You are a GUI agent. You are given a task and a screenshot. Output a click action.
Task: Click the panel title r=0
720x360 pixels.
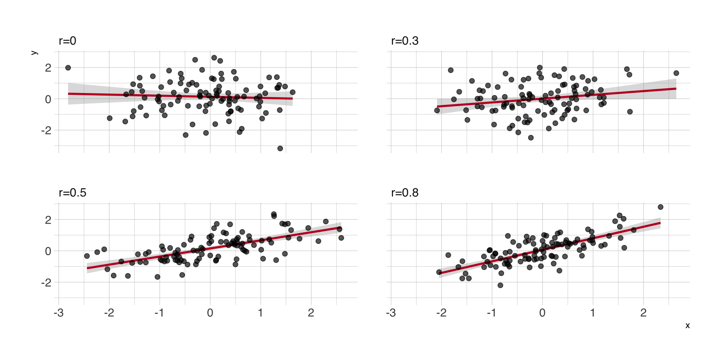point(67,40)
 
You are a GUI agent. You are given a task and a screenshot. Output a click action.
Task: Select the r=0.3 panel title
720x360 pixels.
point(405,40)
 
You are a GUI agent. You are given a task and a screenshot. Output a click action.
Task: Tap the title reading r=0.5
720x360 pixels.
point(72,192)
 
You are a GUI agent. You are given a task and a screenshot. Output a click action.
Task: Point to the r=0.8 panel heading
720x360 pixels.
point(405,192)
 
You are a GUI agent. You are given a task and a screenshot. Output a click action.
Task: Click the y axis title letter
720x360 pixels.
point(34,53)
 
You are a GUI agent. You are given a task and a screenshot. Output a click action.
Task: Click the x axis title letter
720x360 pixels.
point(687,325)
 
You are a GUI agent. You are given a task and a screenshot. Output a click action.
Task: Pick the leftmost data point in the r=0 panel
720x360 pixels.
point(68,68)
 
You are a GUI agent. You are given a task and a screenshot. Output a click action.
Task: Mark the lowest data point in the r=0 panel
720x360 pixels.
point(280,148)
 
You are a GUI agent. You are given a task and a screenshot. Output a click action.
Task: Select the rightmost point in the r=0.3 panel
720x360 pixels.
point(676,73)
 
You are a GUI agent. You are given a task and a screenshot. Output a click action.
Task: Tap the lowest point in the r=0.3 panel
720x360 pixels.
point(531,138)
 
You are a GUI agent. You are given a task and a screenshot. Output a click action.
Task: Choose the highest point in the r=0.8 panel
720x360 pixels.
point(660,207)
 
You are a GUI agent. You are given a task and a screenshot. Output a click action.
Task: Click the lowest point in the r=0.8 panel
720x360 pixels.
point(500,285)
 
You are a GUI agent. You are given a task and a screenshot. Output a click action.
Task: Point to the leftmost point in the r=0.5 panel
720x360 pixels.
point(87,256)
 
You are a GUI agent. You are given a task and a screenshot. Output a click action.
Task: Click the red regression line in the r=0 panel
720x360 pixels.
point(180,96)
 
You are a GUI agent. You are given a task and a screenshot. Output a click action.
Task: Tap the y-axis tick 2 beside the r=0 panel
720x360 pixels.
point(48,68)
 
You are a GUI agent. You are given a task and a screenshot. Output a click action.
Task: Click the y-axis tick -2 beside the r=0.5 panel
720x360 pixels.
point(46,282)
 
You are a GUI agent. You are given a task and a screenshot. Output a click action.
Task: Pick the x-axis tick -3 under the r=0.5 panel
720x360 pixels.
point(58,313)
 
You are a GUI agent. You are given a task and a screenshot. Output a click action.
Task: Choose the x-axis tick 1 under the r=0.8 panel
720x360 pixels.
point(592,313)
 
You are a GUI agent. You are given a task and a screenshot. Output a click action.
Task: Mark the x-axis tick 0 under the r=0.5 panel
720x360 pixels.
point(210,313)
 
